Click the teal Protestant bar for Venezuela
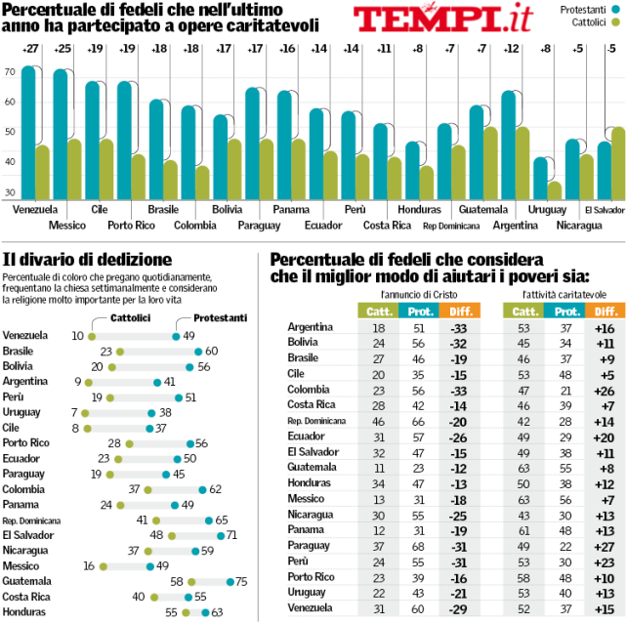28,132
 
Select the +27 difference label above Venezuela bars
31,48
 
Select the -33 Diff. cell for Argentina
454,326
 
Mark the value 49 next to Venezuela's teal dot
189,335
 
